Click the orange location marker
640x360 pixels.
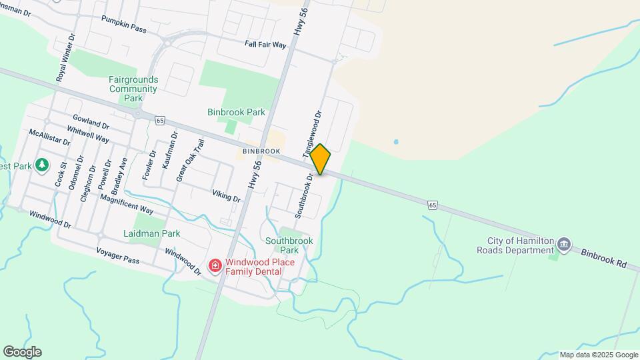coord(321,159)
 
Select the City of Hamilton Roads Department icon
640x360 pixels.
coord(564,244)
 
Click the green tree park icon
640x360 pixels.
coord(42,164)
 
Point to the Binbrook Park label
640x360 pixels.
coord(236,113)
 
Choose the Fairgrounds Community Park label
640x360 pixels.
coord(133,88)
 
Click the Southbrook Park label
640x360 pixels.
coord(289,245)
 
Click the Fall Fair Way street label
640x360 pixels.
coord(265,45)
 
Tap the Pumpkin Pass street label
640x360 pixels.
coord(123,24)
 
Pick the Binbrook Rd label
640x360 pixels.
coord(603,259)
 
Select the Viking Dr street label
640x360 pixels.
coord(226,196)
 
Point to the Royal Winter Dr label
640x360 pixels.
coord(64,58)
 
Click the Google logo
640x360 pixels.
coord(22,352)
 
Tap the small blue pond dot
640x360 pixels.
coord(396,142)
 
